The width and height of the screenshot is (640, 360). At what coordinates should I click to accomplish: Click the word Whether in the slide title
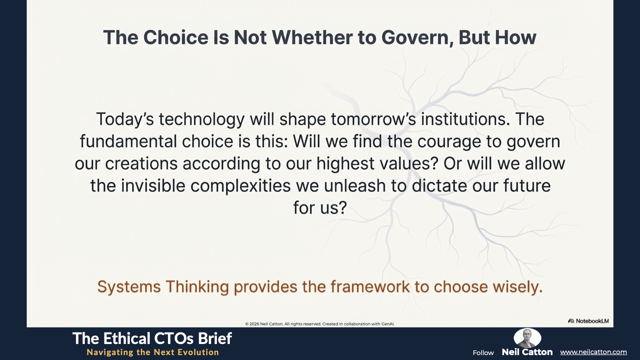click(312, 37)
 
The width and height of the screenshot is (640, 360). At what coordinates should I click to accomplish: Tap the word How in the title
click(516, 37)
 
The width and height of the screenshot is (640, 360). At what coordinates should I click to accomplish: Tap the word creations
click(141, 164)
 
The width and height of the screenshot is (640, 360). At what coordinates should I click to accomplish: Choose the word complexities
click(240, 186)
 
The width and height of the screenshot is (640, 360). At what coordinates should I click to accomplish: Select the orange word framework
click(370, 287)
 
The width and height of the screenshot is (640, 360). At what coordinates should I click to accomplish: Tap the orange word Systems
click(129, 287)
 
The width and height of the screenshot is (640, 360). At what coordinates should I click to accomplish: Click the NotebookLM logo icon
click(571, 321)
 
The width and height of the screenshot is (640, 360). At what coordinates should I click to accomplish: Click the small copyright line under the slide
click(320, 324)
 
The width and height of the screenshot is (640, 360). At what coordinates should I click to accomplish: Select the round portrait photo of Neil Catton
click(528, 338)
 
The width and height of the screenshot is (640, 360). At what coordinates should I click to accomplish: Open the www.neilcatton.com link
click(593, 352)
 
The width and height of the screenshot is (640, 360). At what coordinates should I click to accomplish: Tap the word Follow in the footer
click(483, 353)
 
